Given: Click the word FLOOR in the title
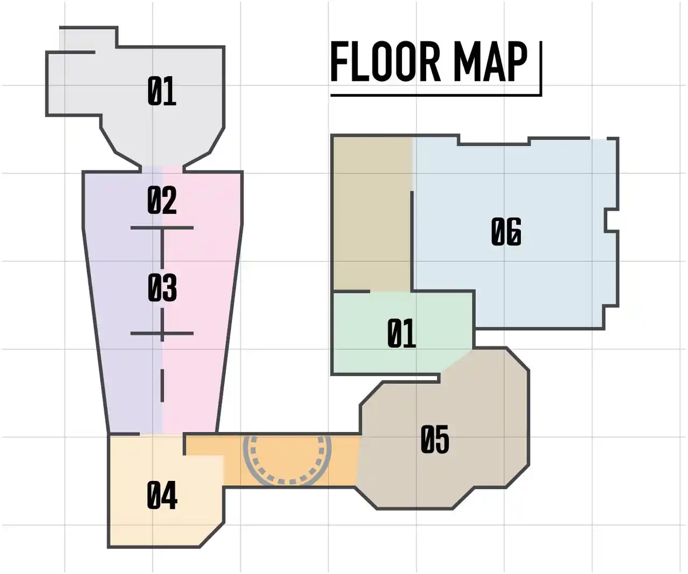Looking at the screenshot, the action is [x=385, y=62].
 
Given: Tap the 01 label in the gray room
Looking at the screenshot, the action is [x=161, y=91].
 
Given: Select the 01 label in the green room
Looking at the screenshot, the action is [x=402, y=333].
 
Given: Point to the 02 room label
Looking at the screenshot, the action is [x=162, y=200].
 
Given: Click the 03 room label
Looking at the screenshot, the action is [x=162, y=288].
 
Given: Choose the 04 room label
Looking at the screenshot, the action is [x=162, y=495].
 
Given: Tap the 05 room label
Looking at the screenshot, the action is [x=435, y=439].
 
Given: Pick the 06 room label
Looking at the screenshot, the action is [x=506, y=231].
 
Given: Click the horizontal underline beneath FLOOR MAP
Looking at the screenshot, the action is [x=435, y=95].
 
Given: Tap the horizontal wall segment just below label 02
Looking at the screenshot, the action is [x=162, y=228].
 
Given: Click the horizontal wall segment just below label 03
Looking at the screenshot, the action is [x=162, y=334].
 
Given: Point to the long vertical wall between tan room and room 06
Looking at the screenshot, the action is [x=412, y=241].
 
